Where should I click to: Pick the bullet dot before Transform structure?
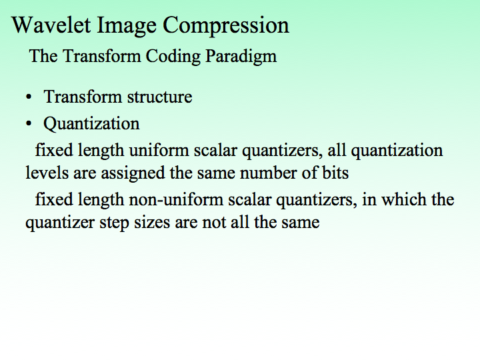pyautogui.click(x=29, y=98)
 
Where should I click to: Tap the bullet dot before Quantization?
pyautogui.click(x=29, y=125)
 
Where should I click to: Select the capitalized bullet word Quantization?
pyautogui.click(x=91, y=124)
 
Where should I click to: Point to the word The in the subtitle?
pyautogui.click(x=43, y=56)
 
